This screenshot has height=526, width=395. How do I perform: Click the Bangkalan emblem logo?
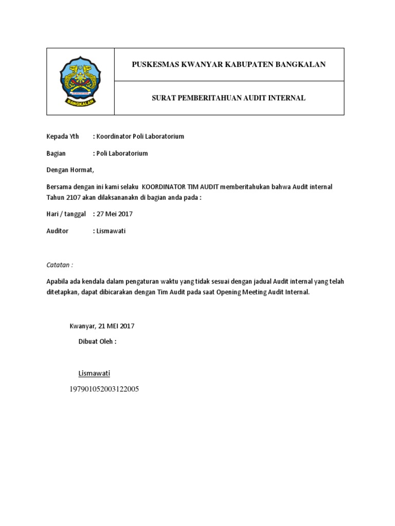(80, 81)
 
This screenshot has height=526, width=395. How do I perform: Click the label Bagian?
(56, 154)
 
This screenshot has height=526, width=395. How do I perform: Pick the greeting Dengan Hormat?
(70, 170)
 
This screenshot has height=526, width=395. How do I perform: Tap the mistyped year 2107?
(73, 197)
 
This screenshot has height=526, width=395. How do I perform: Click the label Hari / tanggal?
(66, 214)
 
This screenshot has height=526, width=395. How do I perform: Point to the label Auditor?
(57, 231)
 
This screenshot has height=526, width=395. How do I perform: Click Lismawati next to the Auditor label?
(111, 231)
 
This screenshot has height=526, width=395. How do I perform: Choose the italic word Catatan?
(60, 265)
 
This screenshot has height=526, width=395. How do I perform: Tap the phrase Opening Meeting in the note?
(240, 292)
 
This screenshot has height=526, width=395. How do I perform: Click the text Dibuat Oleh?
(97, 342)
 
